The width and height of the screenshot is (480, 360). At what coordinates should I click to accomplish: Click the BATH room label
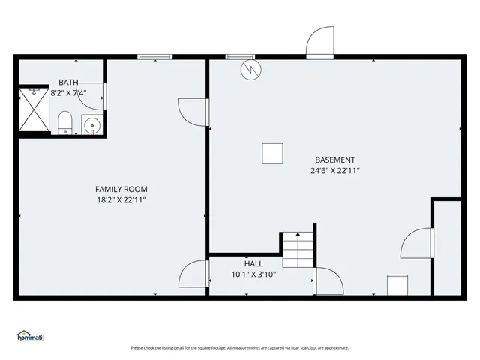tap(68, 82)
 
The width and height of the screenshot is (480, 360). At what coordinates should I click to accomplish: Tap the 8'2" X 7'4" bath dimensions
tap(68, 94)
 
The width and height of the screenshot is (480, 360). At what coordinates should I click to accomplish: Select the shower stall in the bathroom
tap(33, 110)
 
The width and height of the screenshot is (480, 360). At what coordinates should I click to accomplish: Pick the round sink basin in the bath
tap(91, 125)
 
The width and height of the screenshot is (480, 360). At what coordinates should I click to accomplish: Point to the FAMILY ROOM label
tap(121, 189)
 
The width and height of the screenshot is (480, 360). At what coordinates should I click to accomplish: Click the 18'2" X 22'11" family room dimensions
tap(121, 200)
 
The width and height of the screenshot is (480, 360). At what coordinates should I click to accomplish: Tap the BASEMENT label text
tap(335, 160)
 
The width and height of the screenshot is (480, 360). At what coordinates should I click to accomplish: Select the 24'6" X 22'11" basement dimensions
tap(335, 171)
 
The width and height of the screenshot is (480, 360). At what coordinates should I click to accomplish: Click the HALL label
tap(253, 263)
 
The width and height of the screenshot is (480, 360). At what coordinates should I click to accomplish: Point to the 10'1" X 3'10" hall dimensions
tap(253, 274)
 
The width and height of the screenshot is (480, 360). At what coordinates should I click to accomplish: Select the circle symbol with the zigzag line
tap(250, 69)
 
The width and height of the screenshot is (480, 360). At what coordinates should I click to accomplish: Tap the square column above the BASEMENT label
tap(273, 154)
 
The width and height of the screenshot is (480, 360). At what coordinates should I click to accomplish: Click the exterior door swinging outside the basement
tap(319, 43)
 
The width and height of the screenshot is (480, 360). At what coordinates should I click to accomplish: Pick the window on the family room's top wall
tap(155, 56)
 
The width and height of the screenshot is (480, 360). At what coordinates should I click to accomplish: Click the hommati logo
tap(31, 337)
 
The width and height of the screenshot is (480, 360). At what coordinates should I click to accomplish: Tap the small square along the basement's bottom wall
tap(397, 285)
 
